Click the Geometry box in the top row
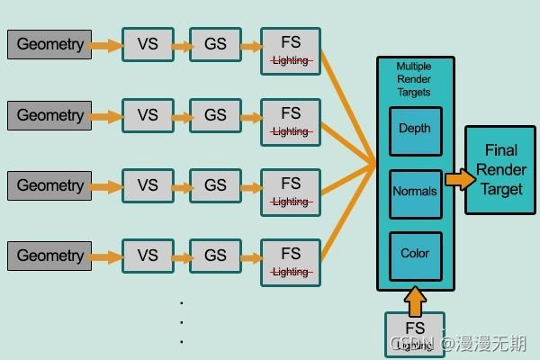pos(50,44)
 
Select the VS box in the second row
pos(148,115)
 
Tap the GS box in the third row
pos(215,185)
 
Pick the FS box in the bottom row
pos(291,261)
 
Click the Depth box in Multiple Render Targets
pos(415,130)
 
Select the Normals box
pos(415,193)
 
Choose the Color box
pos(415,255)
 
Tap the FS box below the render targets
pos(414,333)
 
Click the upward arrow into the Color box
pos(415,299)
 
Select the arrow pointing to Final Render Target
pos(459,179)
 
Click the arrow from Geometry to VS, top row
pos(107,44)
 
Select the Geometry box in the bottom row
pos(50,256)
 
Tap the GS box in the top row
pos(215,44)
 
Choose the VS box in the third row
pos(148,185)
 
